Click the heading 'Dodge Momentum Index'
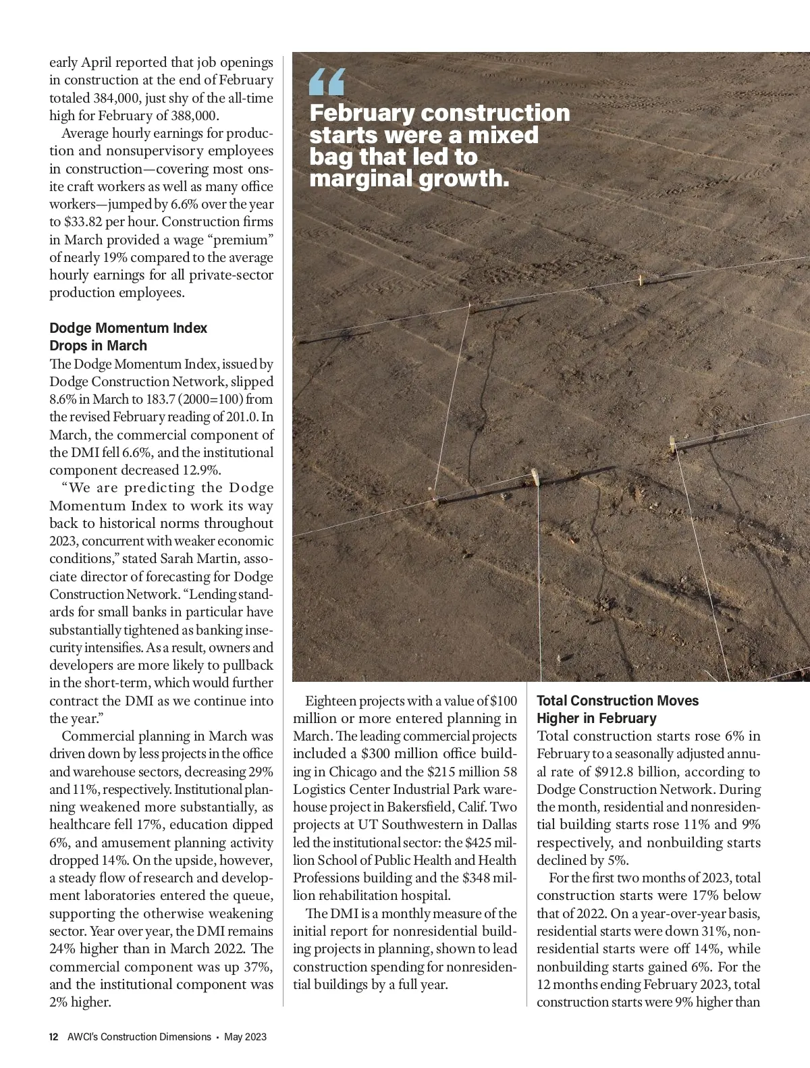click(x=128, y=328)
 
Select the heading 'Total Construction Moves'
click(x=618, y=701)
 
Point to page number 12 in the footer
click(x=53, y=1037)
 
